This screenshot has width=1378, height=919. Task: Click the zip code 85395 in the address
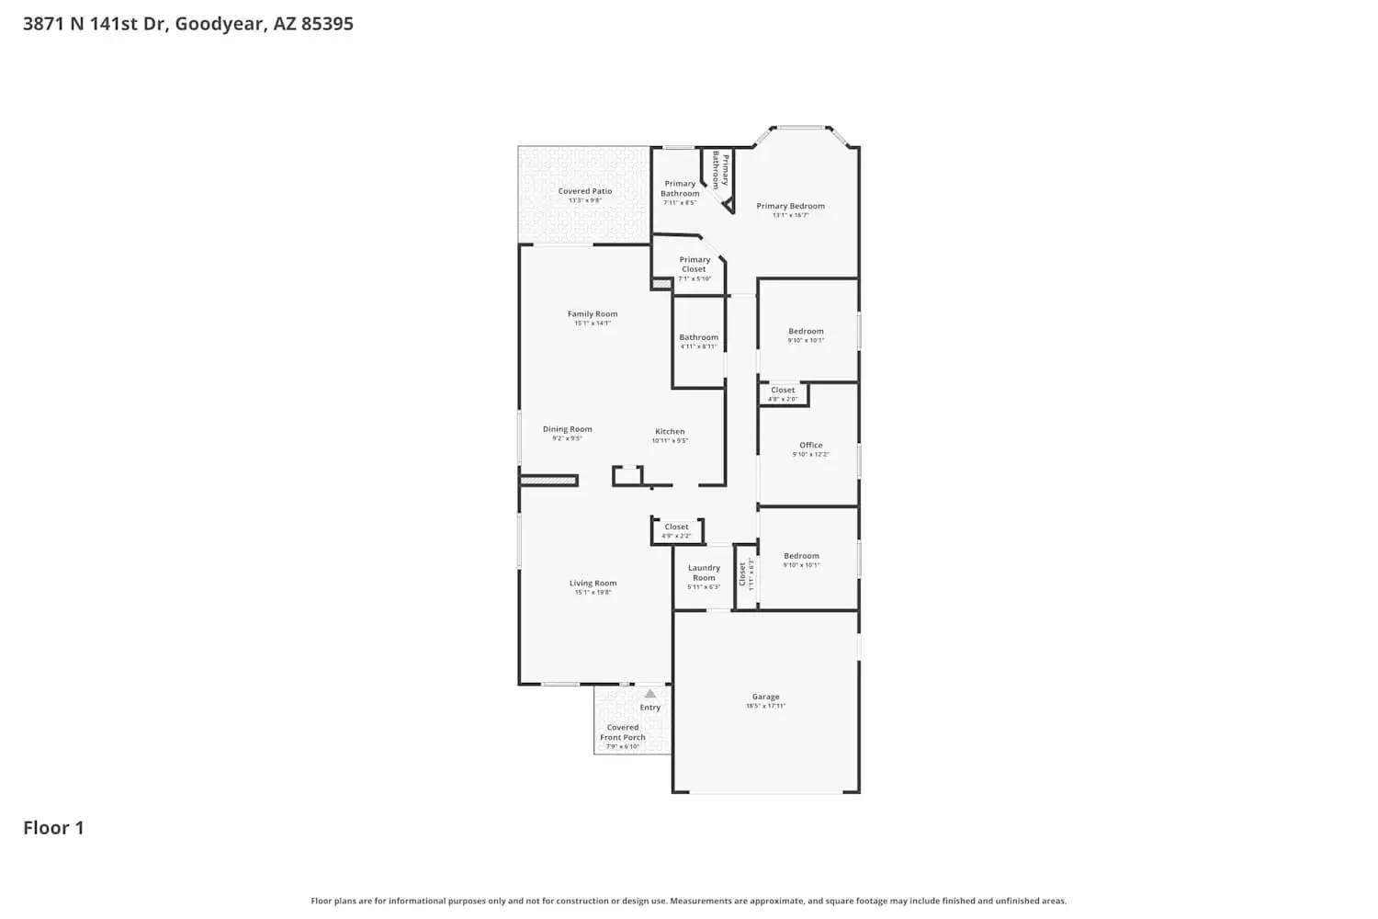[327, 24]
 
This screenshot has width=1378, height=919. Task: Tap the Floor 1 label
[53, 828]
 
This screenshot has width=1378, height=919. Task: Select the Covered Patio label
[585, 191]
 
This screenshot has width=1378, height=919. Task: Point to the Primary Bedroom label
[790, 206]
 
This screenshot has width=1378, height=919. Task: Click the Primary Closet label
[695, 265]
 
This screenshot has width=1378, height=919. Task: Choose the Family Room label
[593, 314]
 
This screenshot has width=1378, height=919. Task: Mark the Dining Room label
[567, 429]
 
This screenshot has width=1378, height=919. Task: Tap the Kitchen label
[670, 432]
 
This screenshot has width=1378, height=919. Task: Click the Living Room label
[593, 584]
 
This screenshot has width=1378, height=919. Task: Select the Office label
[810, 446]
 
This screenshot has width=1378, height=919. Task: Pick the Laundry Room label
[704, 573]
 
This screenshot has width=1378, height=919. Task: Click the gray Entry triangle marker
[650, 694]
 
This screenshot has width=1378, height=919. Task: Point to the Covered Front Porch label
[623, 732]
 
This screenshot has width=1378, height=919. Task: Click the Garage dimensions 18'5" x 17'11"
[765, 706]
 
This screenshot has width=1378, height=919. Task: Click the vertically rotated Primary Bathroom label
[720, 171]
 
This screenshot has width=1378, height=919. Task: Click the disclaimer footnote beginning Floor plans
[688, 902]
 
